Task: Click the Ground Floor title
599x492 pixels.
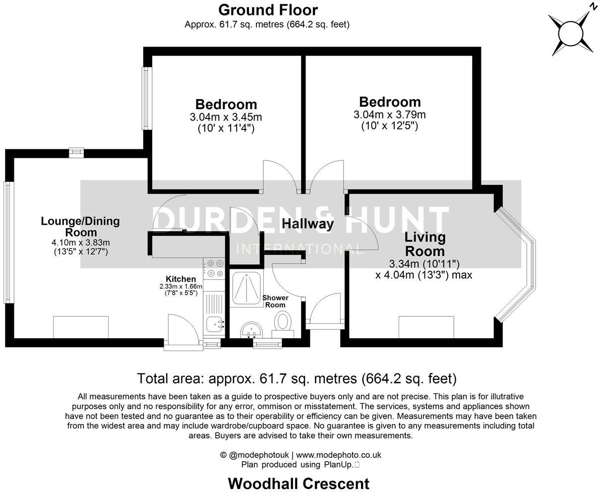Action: pos(268,10)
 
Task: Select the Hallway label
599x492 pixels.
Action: pos(307,224)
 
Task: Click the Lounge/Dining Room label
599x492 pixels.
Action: pos(80,227)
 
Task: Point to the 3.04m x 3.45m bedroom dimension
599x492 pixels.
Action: pos(226,118)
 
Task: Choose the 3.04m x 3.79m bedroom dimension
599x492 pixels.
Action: pos(390,115)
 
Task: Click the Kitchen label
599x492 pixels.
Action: pos(181,279)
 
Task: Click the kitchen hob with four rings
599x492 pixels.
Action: pos(215,268)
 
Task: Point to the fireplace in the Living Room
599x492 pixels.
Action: pos(426,327)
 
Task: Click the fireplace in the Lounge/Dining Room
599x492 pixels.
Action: pos(81,327)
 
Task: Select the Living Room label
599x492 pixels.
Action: pos(424,244)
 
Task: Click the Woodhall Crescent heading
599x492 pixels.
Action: pos(299,483)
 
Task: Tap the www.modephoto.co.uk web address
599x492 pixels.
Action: pos(338,455)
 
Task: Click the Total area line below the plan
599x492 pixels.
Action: pos(297,379)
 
